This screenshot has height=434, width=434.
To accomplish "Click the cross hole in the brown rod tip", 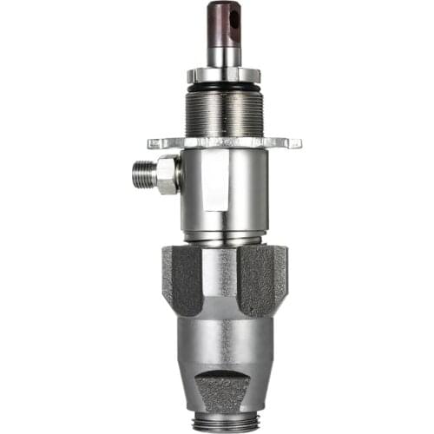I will (x=230, y=15).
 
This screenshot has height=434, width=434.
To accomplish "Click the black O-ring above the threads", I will (x=223, y=86).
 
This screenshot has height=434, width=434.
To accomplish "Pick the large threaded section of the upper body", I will (x=223, y=110).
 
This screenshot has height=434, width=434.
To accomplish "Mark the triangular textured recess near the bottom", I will (x=224, y=386).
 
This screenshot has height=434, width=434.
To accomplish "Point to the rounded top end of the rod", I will (x=223, y=4).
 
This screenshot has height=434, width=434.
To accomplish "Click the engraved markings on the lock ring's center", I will (x=223, y=141).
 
